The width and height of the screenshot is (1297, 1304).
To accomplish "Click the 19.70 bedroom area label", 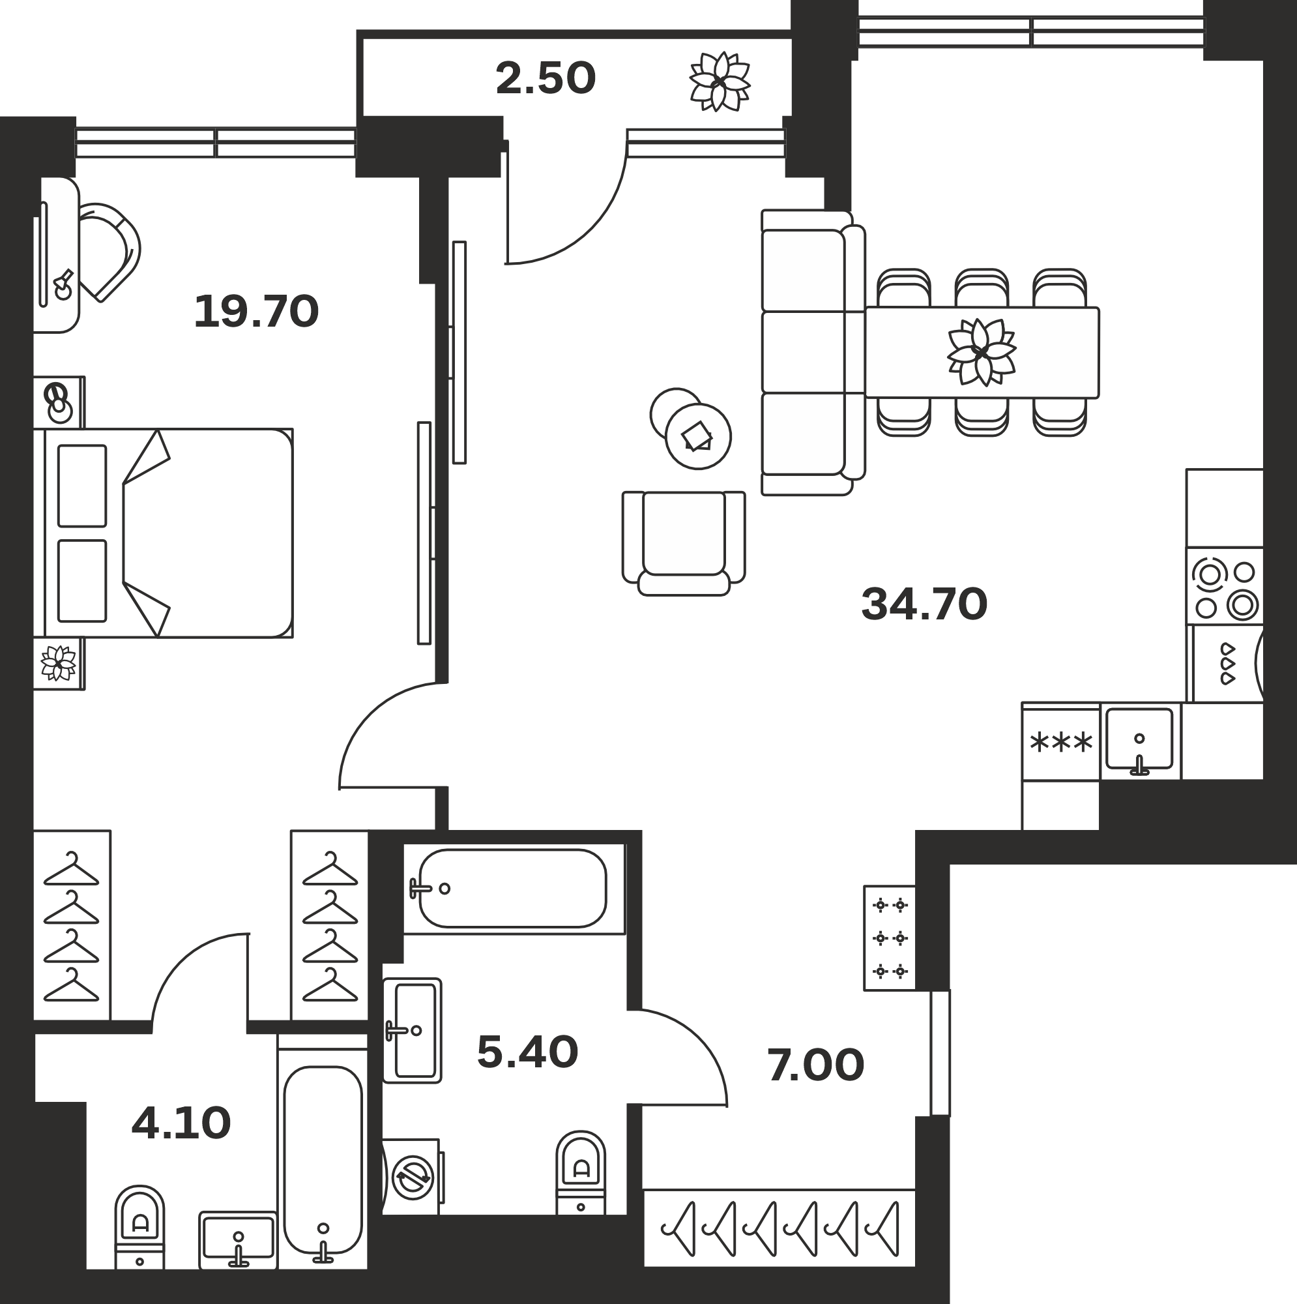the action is click(255, 312).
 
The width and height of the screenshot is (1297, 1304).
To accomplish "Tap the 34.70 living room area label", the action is click(924, 604).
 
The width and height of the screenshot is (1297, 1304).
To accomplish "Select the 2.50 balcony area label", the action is click(546, 78).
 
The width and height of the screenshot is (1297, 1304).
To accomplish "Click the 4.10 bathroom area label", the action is click(181, 1124).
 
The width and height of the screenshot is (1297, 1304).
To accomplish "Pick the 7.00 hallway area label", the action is click(815, 1066).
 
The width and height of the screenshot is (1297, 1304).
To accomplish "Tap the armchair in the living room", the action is click(684, 543).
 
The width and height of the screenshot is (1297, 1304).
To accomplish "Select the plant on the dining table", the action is click(982, 352).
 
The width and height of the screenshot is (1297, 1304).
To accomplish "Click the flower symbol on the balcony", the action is click(720, 81).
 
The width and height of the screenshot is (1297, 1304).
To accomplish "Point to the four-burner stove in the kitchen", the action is click(1225, 586).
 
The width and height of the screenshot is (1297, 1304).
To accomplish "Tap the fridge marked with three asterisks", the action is click(1061, 742).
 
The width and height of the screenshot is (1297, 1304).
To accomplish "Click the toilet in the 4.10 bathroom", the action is click(139, 1226).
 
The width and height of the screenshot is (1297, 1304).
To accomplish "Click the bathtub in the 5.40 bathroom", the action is click(513, 888).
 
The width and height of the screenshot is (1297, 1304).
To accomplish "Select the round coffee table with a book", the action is click(698, 436).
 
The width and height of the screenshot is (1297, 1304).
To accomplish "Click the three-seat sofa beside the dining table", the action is click(813, 352).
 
